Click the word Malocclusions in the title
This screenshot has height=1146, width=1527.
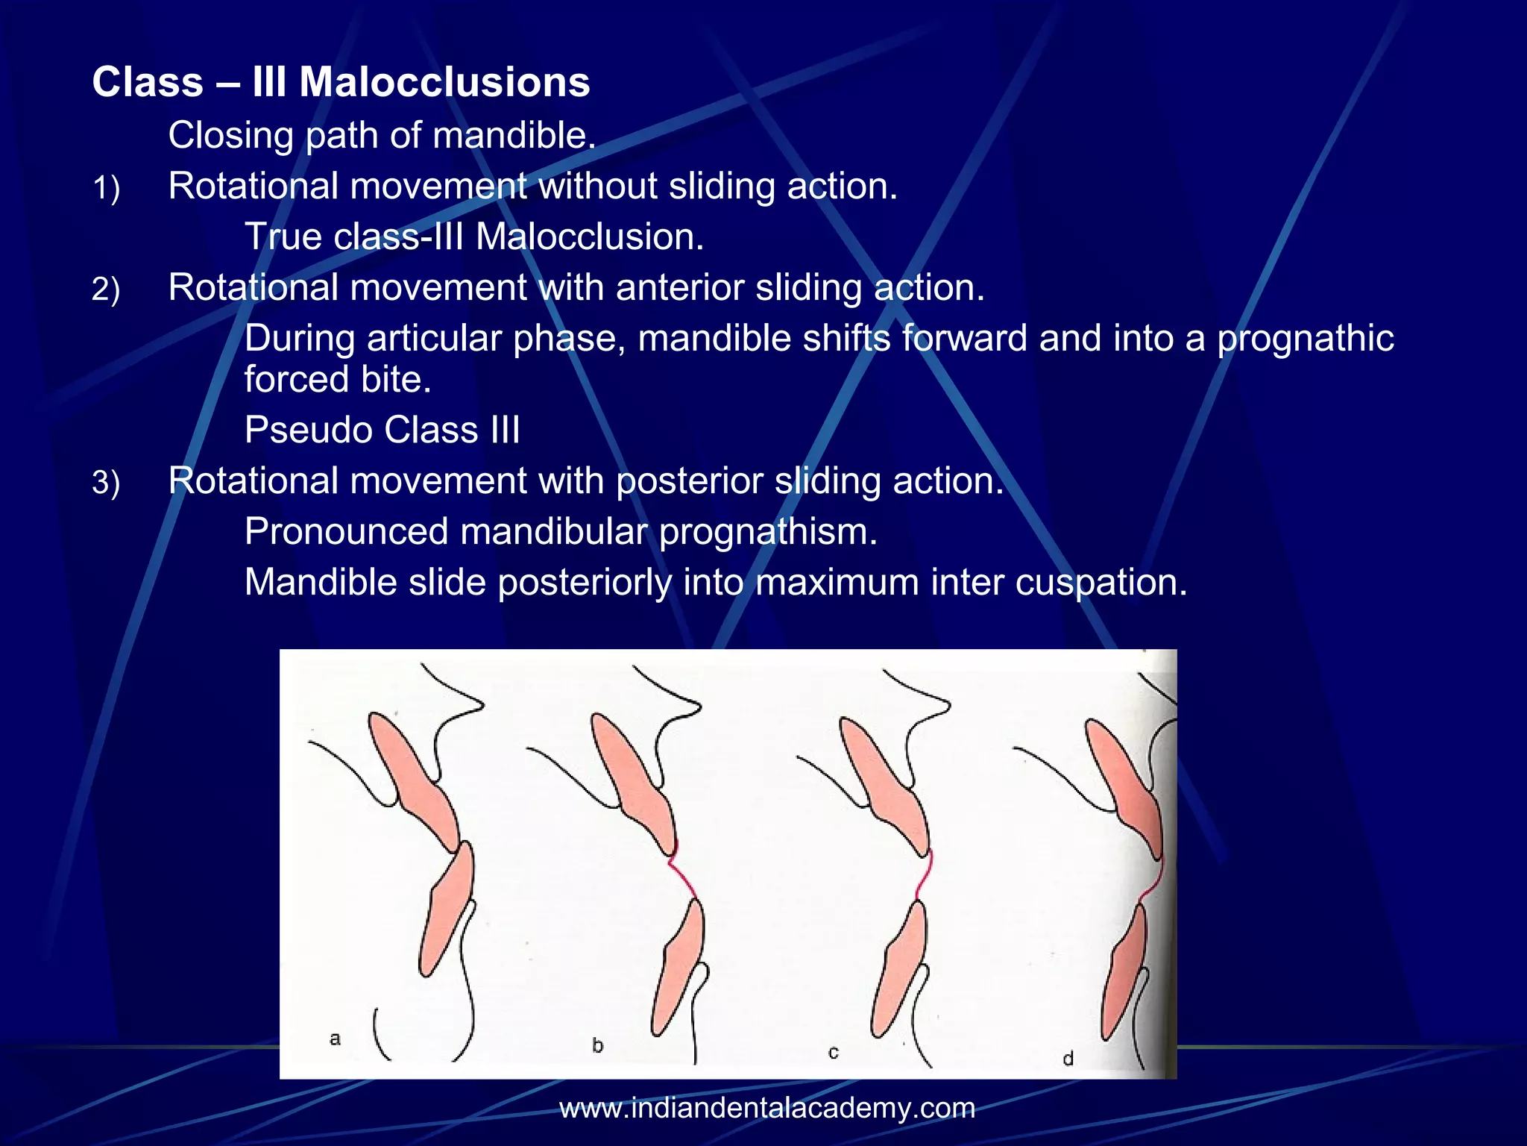(x=444, y=82)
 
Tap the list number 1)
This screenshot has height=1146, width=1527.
(x=106, y=188)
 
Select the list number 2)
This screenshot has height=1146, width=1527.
(x=106, y=289)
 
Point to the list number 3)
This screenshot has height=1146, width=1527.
(x=106, y=483)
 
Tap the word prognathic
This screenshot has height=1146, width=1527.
(x=1305, y=339)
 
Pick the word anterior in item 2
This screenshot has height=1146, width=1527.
(x=680, y=288)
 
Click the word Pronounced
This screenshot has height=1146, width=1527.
(x=346, y=532)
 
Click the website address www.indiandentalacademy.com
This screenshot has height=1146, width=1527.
(x=767, y=1108)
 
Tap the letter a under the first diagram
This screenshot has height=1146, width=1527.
(x=335, y=1039)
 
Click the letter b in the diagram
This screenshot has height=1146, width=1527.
(x=597, y=1045)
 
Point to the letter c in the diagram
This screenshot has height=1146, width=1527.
(x=834, y=1053)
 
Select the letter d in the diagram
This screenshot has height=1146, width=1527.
(x=1068, y=1059)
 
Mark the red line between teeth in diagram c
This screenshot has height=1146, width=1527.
(x=925, y=876)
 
